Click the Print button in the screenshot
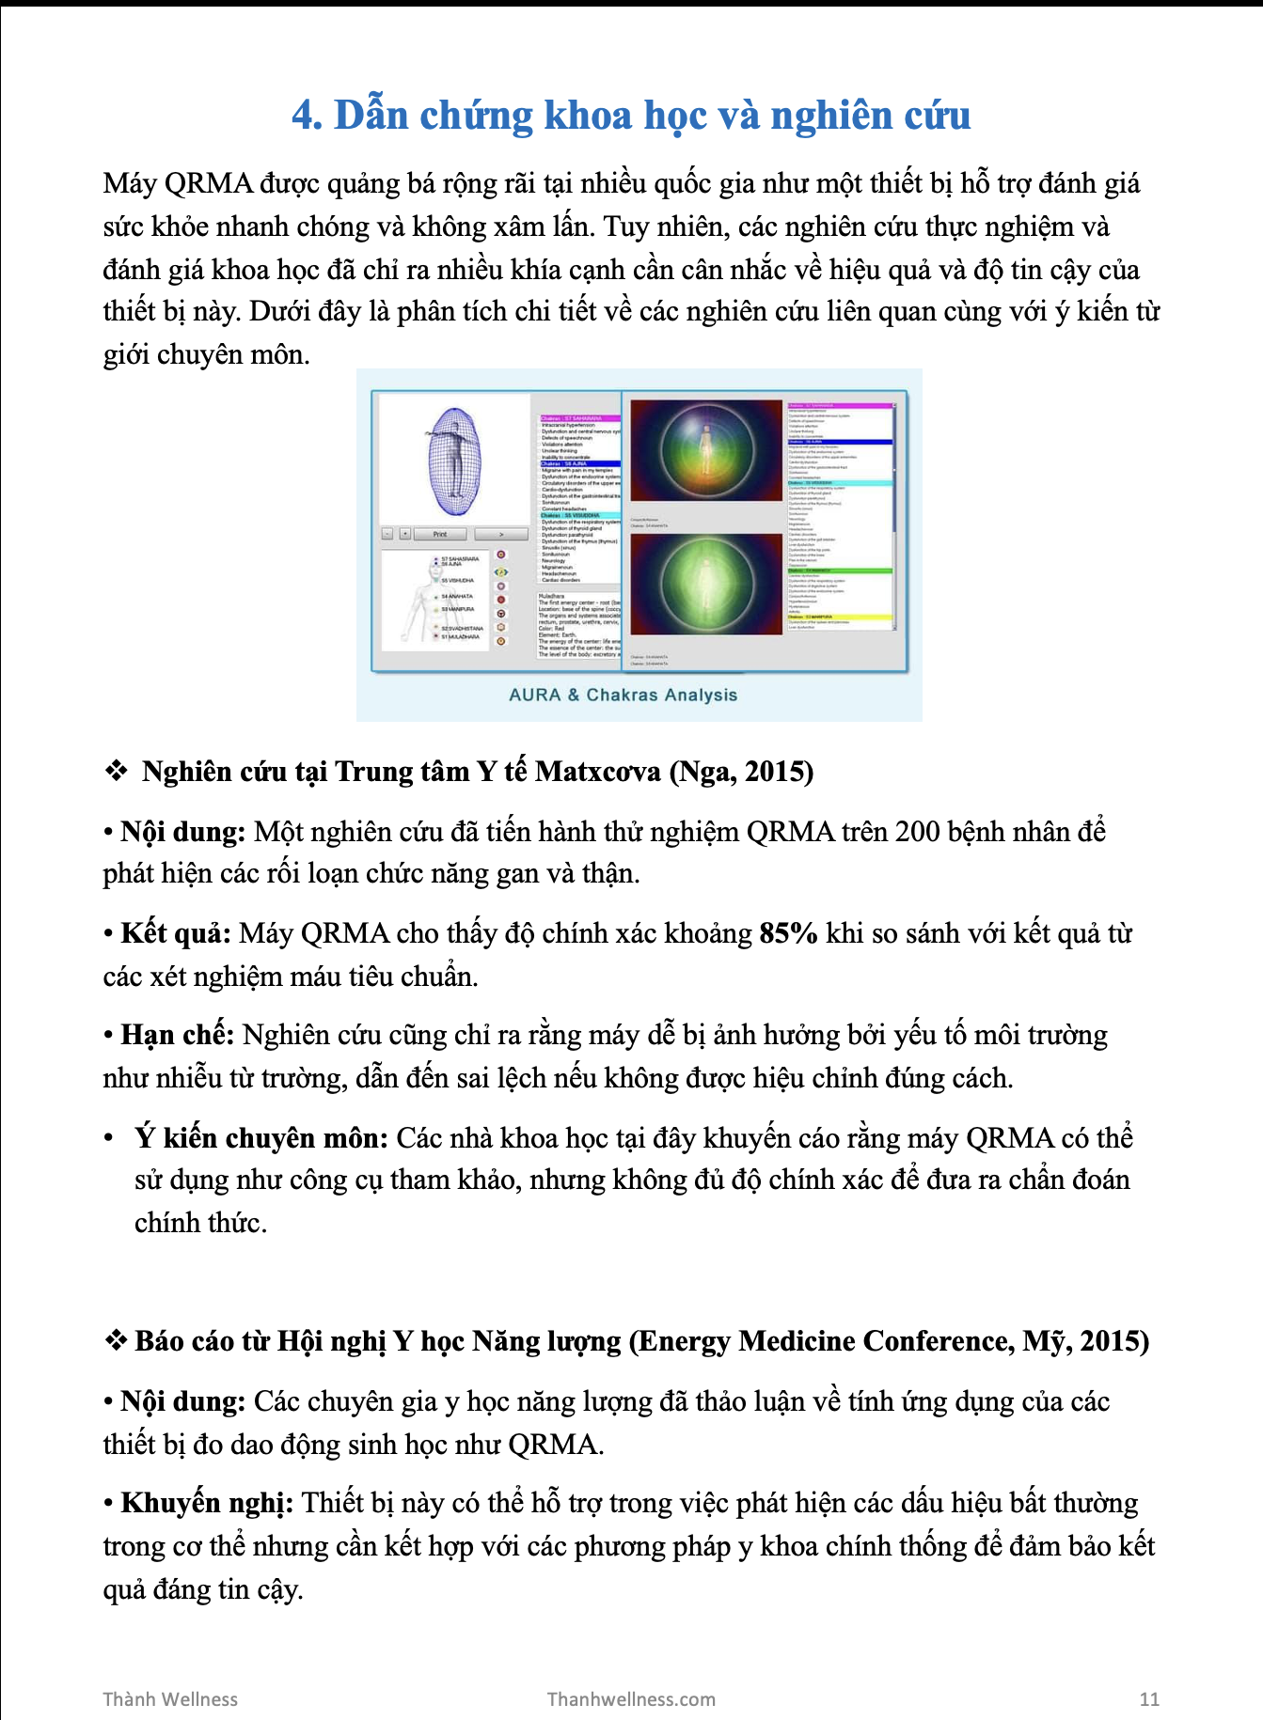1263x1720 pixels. point(440,534)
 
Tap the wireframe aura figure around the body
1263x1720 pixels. point(454,461)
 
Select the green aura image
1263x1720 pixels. point(706,584)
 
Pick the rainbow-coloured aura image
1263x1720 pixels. point(705,450)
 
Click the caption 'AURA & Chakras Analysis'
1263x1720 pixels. point(623,695)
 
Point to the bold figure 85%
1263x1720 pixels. point(788,933)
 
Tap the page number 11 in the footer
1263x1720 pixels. point(1148,1699)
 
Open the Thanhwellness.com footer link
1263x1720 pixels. point(631,1699)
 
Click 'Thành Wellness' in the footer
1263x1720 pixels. point(170,1699)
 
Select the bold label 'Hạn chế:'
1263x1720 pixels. point(177,1035)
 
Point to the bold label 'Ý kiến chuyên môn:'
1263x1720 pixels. point(260,1138)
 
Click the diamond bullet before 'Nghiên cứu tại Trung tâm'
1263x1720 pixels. point(116,772)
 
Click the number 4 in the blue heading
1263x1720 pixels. point(304,116)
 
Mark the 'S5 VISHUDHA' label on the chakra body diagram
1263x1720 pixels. point(458,581)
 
